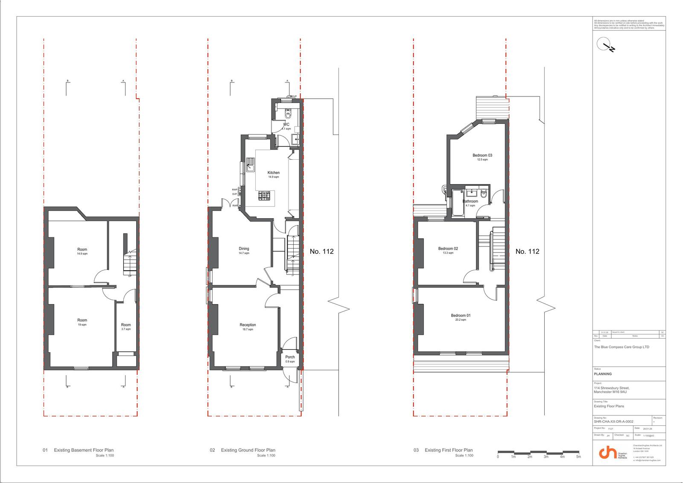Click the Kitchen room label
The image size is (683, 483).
click(x=273, y=173)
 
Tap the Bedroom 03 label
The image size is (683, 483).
click(x=482, y=155)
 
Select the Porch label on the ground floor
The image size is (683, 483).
click(x=290, y=357)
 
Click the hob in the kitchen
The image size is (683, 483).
click(x=265, y=196)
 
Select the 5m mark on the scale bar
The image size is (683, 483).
click(x=578, y=457)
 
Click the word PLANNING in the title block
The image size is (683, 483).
click(x=603, y=374)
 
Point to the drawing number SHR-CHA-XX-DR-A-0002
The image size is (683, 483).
click(x=613, y=422)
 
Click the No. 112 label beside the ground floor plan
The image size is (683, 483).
click(x=321, y=252)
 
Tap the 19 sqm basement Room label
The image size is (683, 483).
click(x=82, y=320)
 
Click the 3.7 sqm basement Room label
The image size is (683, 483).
click(x=126, y=325)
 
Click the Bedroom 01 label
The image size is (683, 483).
click(x=461, y=316)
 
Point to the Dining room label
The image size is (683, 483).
click(x=244, y=249)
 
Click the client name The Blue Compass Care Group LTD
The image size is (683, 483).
click(x=621, y=347)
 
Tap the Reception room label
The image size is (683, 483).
click(x=248, y=325)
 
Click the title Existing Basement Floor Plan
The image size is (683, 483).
click(x=84, y=450)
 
